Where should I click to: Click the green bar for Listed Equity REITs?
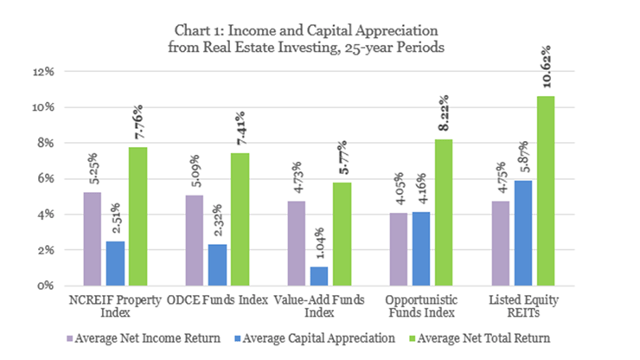pos(546,190)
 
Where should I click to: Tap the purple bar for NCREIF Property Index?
pos(93,238)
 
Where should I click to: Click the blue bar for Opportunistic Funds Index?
pos(420,248)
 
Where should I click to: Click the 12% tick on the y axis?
pos(44,72)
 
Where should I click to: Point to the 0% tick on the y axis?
pos(47,286)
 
